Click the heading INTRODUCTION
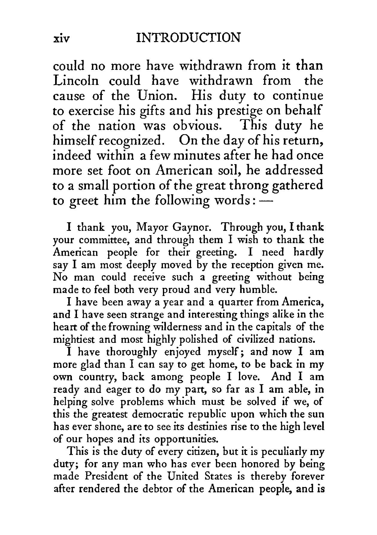click(188, 38)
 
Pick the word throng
click(249, 186)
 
